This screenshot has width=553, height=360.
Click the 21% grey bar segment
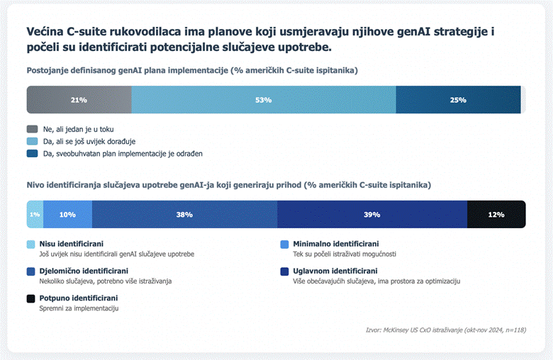point(79,100)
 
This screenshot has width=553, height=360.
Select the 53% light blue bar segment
point(264,100)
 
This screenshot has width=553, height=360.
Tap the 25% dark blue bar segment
point(458,100)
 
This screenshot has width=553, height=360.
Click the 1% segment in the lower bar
point(34,214)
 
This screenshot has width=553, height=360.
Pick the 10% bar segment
point(68,214)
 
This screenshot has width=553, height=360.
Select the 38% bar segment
point(184,214)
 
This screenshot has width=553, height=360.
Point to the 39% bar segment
point(372,214)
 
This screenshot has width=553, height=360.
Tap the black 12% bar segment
point(496,214)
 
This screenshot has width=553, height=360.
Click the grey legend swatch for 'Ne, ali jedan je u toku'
point(32,129)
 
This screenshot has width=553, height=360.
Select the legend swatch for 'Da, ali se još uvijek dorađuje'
point(32,141)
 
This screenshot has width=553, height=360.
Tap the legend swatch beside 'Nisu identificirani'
point(30,244)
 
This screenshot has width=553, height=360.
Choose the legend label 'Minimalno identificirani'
point(335,244)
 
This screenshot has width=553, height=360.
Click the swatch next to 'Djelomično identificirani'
point(30,271)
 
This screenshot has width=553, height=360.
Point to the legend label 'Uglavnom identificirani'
point(335,271)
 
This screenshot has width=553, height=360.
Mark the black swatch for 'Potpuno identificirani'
point(30,299)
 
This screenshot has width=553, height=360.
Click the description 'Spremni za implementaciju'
point(78,308)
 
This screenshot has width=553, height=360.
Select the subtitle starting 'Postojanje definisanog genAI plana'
point(192,71)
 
